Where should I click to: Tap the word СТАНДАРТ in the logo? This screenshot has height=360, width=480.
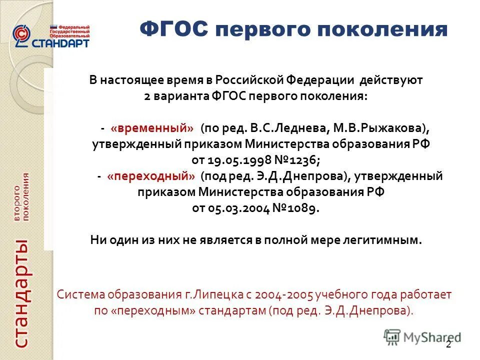point(60,42)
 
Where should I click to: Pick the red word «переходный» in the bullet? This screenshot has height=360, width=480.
point(151,176)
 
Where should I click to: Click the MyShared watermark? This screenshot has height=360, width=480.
point(422,337)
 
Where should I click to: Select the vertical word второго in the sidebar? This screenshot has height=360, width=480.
point(17,203)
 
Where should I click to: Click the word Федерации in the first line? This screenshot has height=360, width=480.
point(320,80)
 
